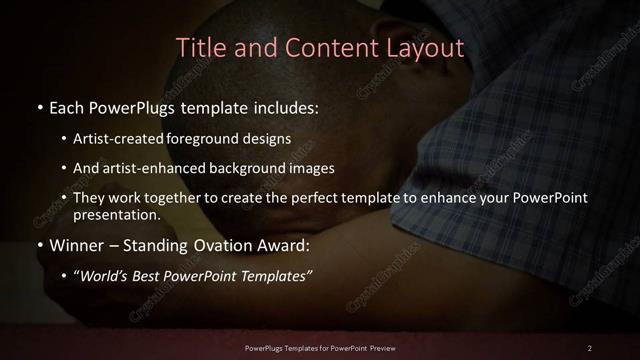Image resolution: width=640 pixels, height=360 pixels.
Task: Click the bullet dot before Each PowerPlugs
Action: pyautogui.click(x=39, y=105)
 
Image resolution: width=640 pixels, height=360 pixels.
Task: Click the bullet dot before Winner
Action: pyautogui.click(x=39, y=244)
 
